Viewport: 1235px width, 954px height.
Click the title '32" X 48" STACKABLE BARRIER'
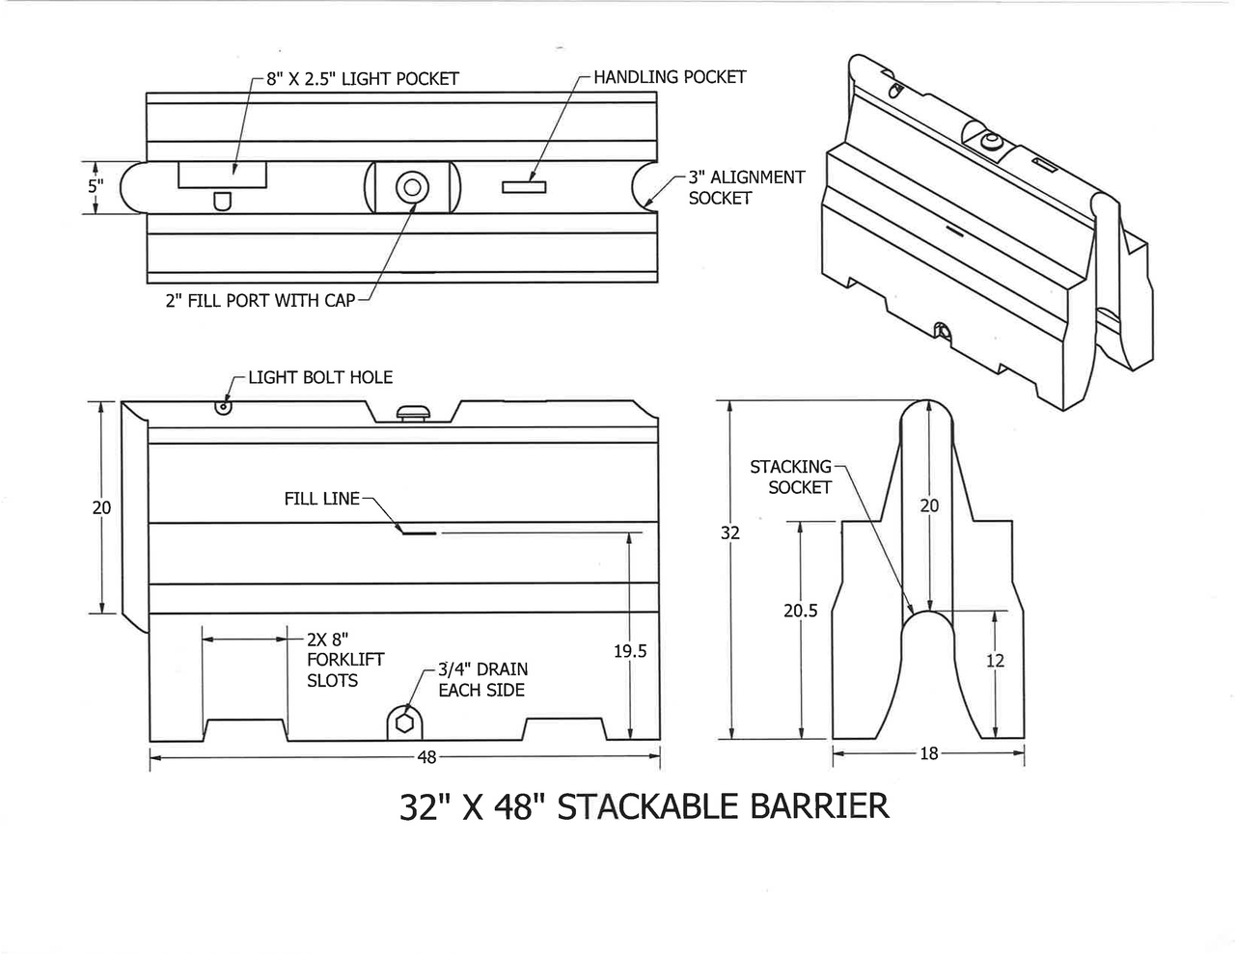coord(644,805)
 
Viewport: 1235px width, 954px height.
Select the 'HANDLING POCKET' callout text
coord(670,77)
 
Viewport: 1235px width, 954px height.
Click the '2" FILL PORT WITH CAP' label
coord(261,301)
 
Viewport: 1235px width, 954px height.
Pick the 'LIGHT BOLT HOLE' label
coord(320,377)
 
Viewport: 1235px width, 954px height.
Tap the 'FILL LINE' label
coord(321,499)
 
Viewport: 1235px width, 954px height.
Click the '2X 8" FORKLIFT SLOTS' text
coord(344,660)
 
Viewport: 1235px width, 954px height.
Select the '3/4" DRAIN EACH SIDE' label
coord(482,679)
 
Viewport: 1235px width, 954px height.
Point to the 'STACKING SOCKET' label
coord(790,477)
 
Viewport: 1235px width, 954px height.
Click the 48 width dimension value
coord(426,757)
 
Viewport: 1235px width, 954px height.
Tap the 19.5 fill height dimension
coord(630,652)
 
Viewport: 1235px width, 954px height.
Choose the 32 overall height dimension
coord(730,532)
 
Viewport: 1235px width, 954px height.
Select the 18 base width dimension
coord(928,753)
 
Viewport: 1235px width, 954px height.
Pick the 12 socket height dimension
coord(995,661)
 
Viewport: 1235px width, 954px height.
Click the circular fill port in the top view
coord(412,186)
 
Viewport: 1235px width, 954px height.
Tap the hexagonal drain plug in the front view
coord(405,722)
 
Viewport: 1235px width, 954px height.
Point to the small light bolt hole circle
coord(224,407)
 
